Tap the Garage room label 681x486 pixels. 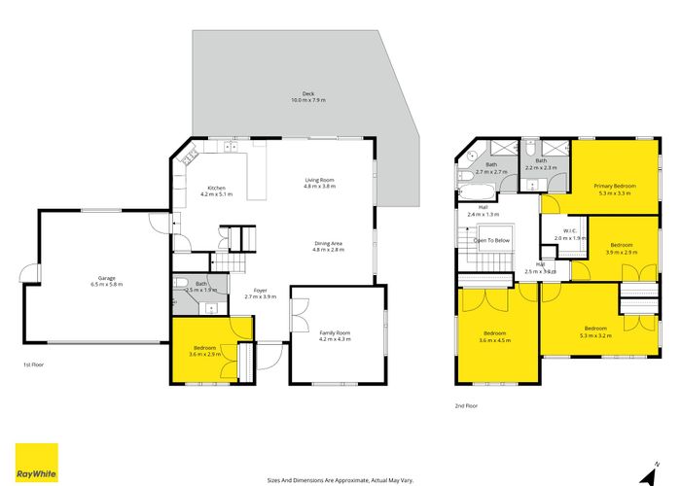coord(102,281)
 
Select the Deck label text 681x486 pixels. coord(308,96)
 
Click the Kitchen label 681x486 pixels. coord(215,191)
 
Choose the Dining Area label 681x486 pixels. coord(329,246)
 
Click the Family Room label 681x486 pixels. coord(336,336)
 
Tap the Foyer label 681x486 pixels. coord(261,293)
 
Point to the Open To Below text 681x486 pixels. coord(491,240)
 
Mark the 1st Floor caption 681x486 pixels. coord(34,364)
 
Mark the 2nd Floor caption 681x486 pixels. coord(466,405)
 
